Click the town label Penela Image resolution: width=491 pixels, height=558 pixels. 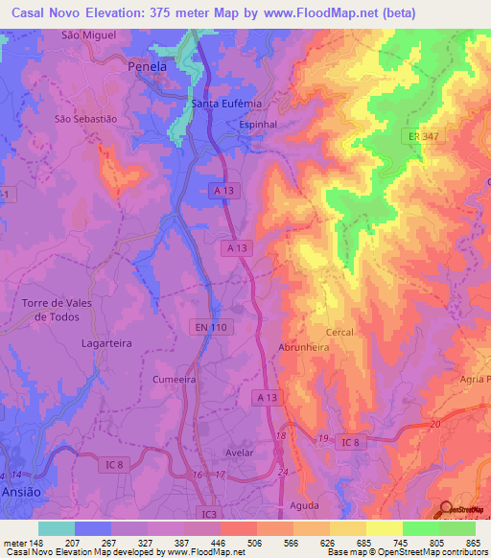pyautogui.click(x=148, y=68)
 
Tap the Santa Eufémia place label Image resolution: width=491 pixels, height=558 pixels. pyautogui.click(x=226, y=104)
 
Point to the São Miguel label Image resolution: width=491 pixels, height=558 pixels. pyautogui.click(x=88, y=35)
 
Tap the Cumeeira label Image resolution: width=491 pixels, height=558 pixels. pyautogui.click(x=175, y=380)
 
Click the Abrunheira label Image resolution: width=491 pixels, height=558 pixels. pyautogui.click(x=303, y=349)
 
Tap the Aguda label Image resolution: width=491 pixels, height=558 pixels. pyautogui.click(x=303, y=504)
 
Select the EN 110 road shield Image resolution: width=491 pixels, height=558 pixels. pyautogui.click(x=207, y=328)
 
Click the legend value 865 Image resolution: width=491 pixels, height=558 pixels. pyautogui.click(x=472, y=543)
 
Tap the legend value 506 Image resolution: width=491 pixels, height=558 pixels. pyautogui.click(x=255, y=543)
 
